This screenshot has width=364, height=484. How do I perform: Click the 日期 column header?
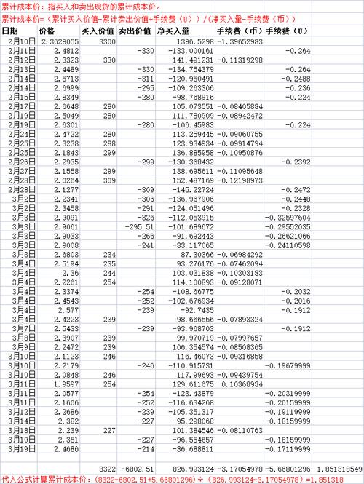10,32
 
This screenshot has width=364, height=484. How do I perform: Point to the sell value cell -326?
146,217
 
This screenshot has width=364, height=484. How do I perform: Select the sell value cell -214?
146,450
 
